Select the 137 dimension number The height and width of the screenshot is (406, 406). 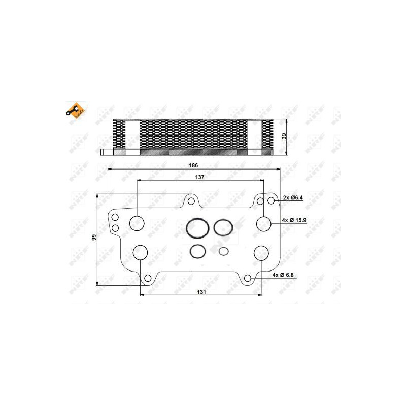199,177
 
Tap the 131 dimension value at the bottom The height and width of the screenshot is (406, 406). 201,292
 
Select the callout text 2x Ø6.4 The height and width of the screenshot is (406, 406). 293,198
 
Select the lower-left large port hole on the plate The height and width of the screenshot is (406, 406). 141,252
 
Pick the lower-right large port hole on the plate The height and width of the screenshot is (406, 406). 261,252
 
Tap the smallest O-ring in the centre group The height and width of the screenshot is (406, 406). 224,251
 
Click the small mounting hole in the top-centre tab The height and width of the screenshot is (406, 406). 191,201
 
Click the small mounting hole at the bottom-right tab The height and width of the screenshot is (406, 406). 247,278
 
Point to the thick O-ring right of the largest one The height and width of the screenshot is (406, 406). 223,227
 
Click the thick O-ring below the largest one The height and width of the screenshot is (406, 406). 197,251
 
